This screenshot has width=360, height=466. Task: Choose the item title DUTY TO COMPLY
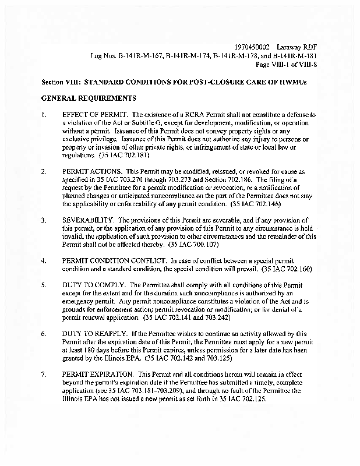coord(90,286)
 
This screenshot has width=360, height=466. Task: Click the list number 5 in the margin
coord(44,286)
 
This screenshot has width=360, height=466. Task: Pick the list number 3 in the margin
coord(44,221)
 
